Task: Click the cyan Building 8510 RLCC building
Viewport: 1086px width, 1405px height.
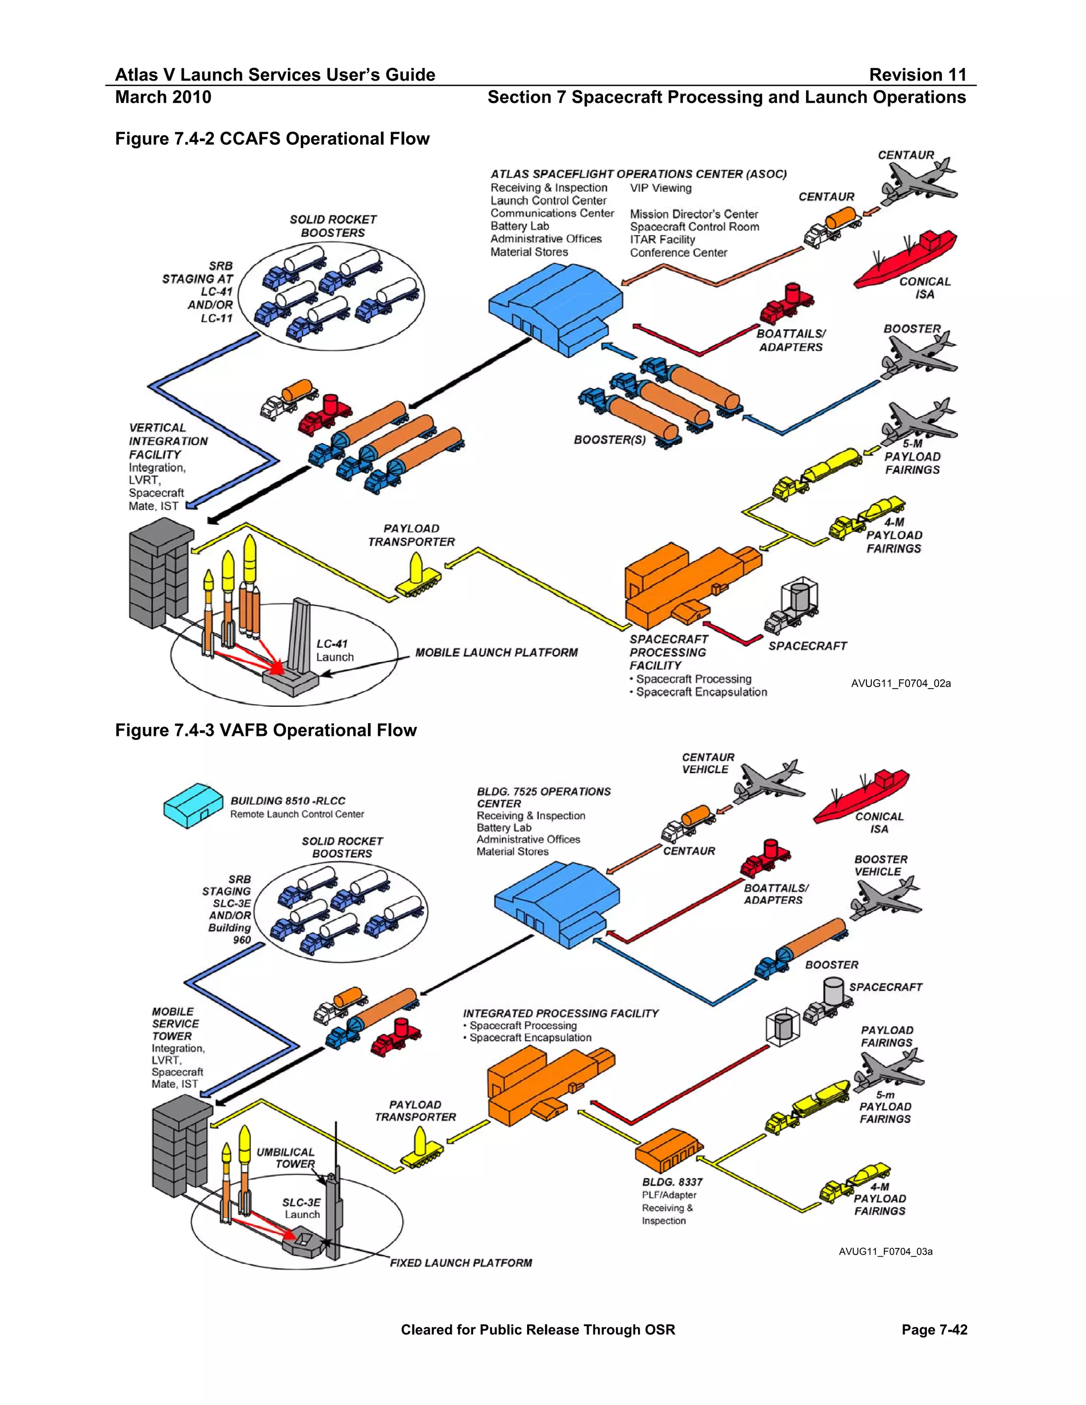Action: (x=192, y=805)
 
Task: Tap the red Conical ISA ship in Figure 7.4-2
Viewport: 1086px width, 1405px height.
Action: (x=904, y=262)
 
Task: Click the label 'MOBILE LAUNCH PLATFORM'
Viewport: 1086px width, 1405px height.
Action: (x=496, y=652)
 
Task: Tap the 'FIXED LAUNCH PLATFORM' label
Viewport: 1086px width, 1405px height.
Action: (x=461, y=1263)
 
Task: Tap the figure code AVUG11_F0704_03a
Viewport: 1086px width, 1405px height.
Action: (x=884, y=1251)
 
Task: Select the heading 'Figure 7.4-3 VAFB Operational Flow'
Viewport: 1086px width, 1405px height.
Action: (x=266, y=730)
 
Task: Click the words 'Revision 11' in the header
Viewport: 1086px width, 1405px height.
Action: (x=917, y=75)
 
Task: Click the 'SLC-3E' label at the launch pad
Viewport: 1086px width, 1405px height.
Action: (x=301, y=1202)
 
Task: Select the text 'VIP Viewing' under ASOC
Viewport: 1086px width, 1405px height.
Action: (x=660, y=188)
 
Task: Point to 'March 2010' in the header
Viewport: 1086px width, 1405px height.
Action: (x=163, y=97)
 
